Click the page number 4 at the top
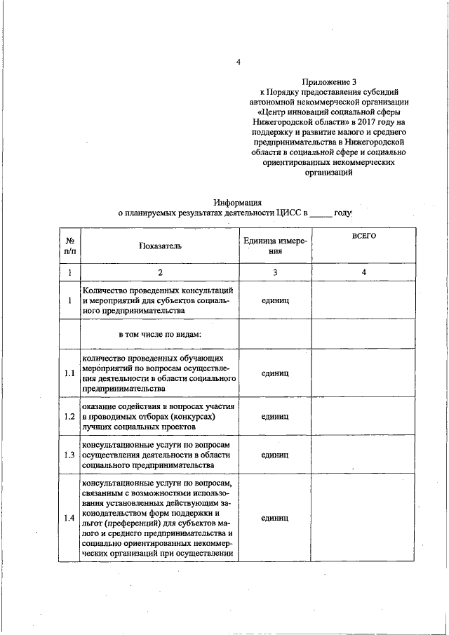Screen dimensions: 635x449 tap(238, 62)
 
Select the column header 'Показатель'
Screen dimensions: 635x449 tap(159, 246)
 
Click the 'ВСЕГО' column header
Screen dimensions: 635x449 tap(363, 236)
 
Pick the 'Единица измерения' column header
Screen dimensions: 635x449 tap(275, 246)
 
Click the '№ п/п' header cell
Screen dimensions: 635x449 tap(69, 246)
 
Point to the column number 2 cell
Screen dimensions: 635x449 tap(159, 272)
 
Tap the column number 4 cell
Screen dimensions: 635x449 tap(363, 272)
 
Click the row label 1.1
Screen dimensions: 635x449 tap(69, 373)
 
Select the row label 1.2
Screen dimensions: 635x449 tap(69, 416)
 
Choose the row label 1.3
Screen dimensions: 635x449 tap(69, 455)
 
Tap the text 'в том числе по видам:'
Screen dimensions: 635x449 tap(160, 333)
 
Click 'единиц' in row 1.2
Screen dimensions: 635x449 tap(275, 416)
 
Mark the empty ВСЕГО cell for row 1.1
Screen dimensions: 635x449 tap(363, 373)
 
